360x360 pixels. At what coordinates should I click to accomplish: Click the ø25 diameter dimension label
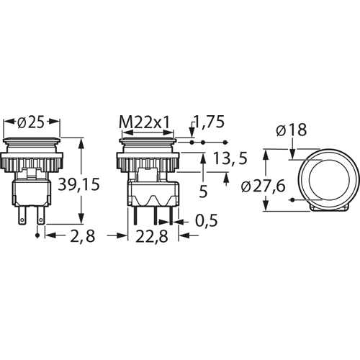tap(32, 124)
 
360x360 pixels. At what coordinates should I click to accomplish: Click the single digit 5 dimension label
tap(204, 192)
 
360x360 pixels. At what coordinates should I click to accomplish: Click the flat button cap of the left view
tap(32, 139)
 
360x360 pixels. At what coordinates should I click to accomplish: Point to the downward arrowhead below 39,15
tap(81, 221)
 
